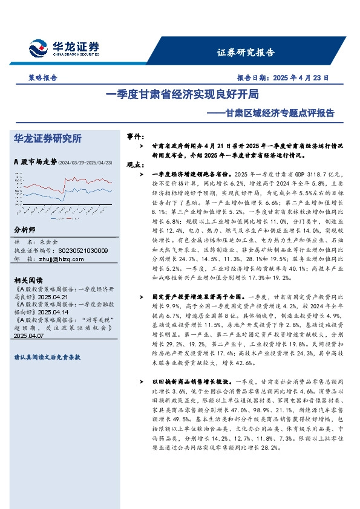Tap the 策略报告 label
(x=42, y=78)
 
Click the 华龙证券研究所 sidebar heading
(x=48, y=138)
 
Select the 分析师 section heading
(x=25, y=231)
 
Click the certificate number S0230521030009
(x=81, y=251)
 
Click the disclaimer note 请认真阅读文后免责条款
(x=47, y=357)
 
